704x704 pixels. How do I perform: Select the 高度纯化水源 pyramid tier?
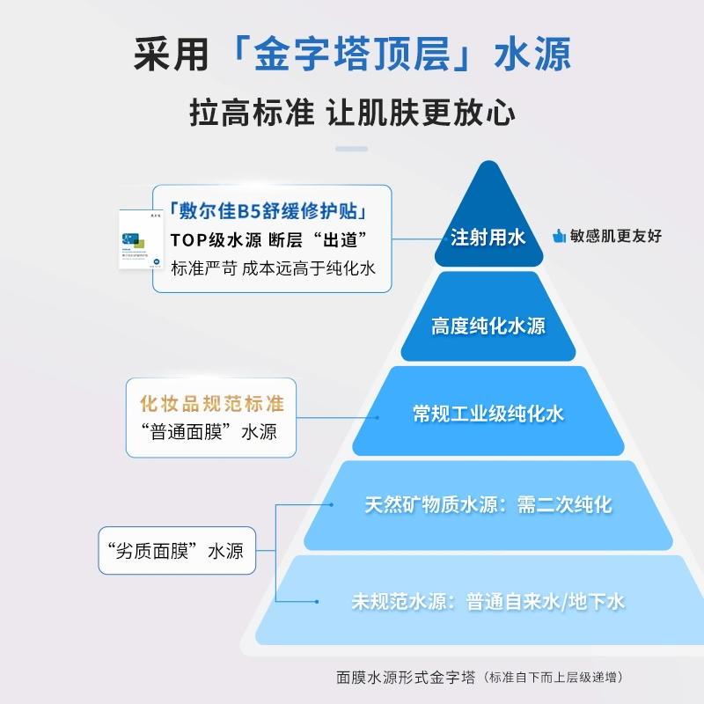click(488, 326)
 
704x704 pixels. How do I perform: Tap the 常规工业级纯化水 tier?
click(488, 414)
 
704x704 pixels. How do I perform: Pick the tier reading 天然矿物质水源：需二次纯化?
click(488, 505)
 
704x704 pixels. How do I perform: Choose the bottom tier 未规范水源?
click(488, 602)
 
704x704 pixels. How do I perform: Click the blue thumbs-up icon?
click(558, 236)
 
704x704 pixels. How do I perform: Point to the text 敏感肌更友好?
click(615, 236)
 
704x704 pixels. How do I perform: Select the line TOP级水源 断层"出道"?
click(268, 240)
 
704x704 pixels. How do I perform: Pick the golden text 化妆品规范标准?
click(212, 404)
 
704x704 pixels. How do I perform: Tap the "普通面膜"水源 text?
click(210, 432)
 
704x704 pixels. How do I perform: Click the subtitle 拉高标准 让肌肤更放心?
click(352, 113)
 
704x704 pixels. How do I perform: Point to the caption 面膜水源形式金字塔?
click(406, 678)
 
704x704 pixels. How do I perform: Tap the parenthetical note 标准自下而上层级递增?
click(554, 678)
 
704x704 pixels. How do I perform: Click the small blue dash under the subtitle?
click(352, 149)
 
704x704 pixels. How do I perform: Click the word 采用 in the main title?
click(171, 54)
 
